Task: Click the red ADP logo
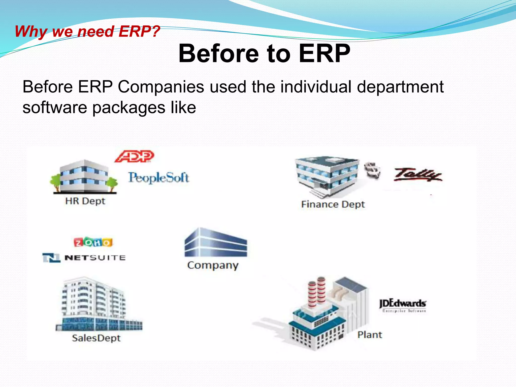pos(134,156)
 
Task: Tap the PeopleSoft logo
pos(158,178)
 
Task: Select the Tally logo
pos(418,175)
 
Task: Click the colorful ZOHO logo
pos(93,242)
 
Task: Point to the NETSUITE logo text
pos(95,258)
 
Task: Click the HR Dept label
pos(85,201)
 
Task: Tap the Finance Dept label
pos(333,204)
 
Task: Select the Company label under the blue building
pos(213,265)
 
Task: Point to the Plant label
pos(370,335)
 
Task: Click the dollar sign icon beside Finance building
pos(372,171)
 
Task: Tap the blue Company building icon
pos(216,243)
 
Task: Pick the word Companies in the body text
pos(161,87)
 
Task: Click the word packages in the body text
pos(129,108)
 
